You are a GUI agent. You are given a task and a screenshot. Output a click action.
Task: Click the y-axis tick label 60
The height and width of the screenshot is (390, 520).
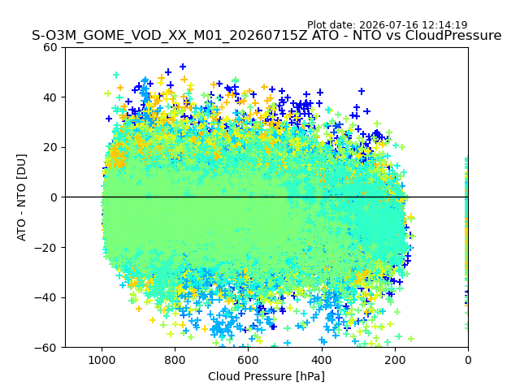click(50, 47)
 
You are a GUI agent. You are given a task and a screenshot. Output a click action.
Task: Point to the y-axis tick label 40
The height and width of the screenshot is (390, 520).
click(50, 97)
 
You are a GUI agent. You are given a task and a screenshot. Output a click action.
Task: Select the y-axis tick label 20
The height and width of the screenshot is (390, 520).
click(50, 148)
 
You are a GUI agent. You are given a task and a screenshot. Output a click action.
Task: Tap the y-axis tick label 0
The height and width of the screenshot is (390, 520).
click(54, 197)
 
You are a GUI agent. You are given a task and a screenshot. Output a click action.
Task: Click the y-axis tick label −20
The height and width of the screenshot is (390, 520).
click(45, 248)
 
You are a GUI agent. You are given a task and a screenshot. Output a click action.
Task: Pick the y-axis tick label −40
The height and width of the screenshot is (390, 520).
click(45, 298)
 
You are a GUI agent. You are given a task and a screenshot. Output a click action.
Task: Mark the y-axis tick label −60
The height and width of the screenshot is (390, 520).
click(45, 348)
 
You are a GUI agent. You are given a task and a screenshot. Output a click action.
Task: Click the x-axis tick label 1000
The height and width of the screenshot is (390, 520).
click(102, 360)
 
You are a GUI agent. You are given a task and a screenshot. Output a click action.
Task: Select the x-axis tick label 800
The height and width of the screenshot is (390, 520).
click(175, 360)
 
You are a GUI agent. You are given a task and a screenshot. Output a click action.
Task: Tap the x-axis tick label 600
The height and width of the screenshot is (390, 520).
click(249, 360)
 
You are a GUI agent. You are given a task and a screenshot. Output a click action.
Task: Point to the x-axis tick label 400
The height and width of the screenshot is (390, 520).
click(322, 360)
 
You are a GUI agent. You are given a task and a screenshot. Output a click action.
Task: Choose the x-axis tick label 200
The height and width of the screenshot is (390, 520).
click(395, 360)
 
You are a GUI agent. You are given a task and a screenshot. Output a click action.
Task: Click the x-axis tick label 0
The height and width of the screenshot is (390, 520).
click(468, 360)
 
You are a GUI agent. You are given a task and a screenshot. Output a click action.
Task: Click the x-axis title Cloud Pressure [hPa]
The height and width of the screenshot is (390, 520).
click(266, 377)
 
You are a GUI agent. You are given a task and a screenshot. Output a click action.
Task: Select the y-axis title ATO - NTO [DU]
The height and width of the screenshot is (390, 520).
click(22, 197)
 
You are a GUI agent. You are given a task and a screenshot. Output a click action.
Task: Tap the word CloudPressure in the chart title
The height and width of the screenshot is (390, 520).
click(453, 36)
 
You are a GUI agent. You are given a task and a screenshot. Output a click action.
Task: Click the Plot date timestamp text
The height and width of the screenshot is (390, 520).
click(387, 25)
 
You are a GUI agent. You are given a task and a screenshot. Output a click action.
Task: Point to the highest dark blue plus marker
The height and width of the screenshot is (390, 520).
click(183, 67)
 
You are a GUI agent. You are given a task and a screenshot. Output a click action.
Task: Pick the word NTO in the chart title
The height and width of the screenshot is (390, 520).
click(366, 36)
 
